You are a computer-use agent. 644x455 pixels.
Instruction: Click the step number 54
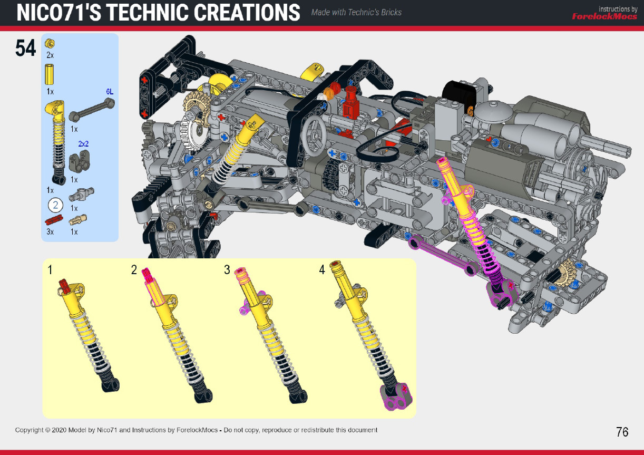click(x=25, y=48)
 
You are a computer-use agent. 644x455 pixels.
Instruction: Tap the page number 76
click(x=622, y=432)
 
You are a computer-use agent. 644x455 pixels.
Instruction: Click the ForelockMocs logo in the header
click(x=604, y=16)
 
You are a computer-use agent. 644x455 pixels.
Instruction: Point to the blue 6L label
click(x=110, y=91)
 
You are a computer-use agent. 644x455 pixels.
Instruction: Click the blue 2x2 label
click(x=83, y=143)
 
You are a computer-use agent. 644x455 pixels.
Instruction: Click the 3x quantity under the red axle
click(x=51, y=231)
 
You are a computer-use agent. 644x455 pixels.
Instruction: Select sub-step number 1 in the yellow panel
click(x=50, y=270)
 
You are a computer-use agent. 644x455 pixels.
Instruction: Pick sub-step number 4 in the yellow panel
click(x=322, y=270)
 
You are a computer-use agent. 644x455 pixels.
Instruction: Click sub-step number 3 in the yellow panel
click(x=227, y=270)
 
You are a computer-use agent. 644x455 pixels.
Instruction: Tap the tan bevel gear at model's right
click(x=569, y=270)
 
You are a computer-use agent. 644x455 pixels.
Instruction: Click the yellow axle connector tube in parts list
click(x=50, y=74)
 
